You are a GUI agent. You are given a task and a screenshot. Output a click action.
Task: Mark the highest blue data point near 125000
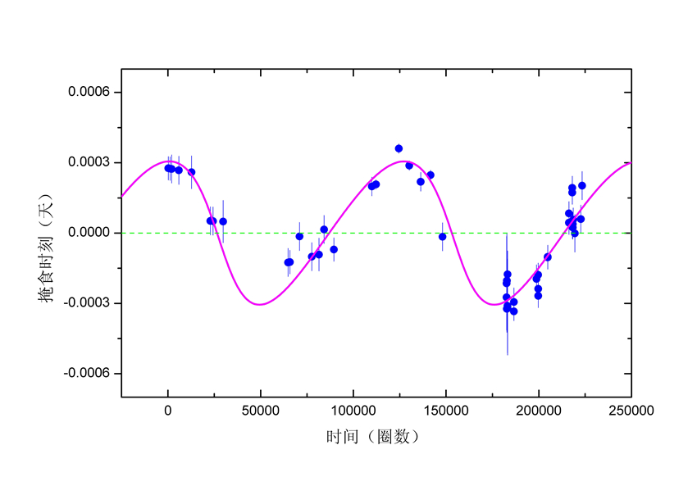pyautogui.click(x=399, y=148)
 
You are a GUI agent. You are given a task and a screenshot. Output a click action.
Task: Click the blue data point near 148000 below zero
pyautogui.click(x=443, y=237)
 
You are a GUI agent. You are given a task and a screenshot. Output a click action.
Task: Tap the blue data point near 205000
pyautogui.click(x=548, y=257)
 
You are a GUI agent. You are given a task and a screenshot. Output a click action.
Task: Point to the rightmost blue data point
pyautogui.click(x=582, y=185)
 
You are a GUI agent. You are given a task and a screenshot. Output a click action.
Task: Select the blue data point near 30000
pyautogui.click(x=223, y=221)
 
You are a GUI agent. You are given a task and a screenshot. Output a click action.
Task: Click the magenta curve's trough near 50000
pyautogui.click(x=260, y=304)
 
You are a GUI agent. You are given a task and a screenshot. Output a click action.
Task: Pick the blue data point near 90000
pyautogui.click(x=334, y=249)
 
